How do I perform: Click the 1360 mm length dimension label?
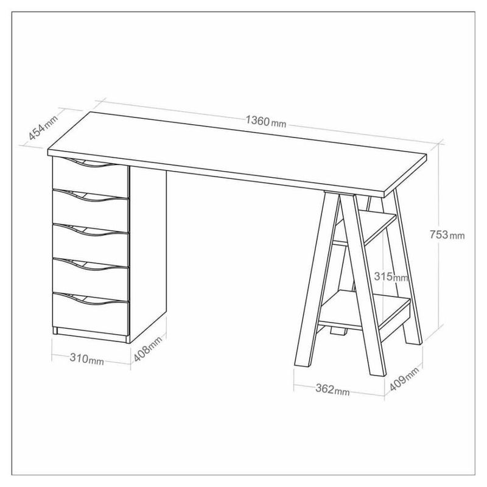point(265,121)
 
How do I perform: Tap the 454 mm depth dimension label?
point(43,127)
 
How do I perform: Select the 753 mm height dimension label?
point(447,235)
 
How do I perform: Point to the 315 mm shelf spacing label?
point(391,276)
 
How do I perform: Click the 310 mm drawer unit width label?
point(86,359)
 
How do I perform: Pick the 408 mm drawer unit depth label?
point(148,349)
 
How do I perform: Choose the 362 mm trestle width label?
point(332,390)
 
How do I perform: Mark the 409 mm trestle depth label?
point(404,379)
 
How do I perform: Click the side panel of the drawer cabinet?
point(147,254)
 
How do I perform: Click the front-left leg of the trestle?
point(316,279)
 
